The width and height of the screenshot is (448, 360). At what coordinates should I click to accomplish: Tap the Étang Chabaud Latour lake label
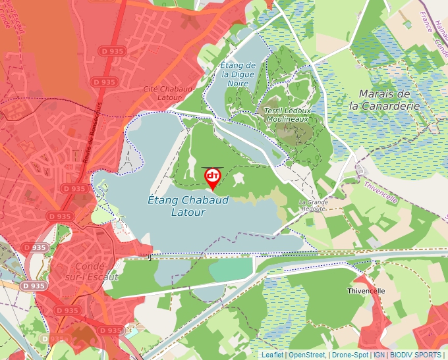[188, 206]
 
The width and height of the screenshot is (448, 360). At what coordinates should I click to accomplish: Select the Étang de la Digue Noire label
[238, 74]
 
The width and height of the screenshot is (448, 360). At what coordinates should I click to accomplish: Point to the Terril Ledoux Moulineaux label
[287, 115]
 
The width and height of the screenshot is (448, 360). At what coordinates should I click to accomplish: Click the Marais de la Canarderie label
[385, 99]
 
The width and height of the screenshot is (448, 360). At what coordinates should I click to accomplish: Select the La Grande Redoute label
[313, 205]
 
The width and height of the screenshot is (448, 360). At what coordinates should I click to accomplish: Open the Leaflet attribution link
[272, 355]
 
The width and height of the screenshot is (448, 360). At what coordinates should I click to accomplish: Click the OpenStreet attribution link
[307, 355]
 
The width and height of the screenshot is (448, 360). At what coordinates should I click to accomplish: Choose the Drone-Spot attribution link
[350, 355]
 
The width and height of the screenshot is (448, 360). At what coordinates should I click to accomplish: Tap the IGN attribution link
[379, 355]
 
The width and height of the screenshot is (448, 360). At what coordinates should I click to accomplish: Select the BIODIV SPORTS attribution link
[415, 355]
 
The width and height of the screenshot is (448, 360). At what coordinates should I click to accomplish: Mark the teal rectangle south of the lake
[230, 269]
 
